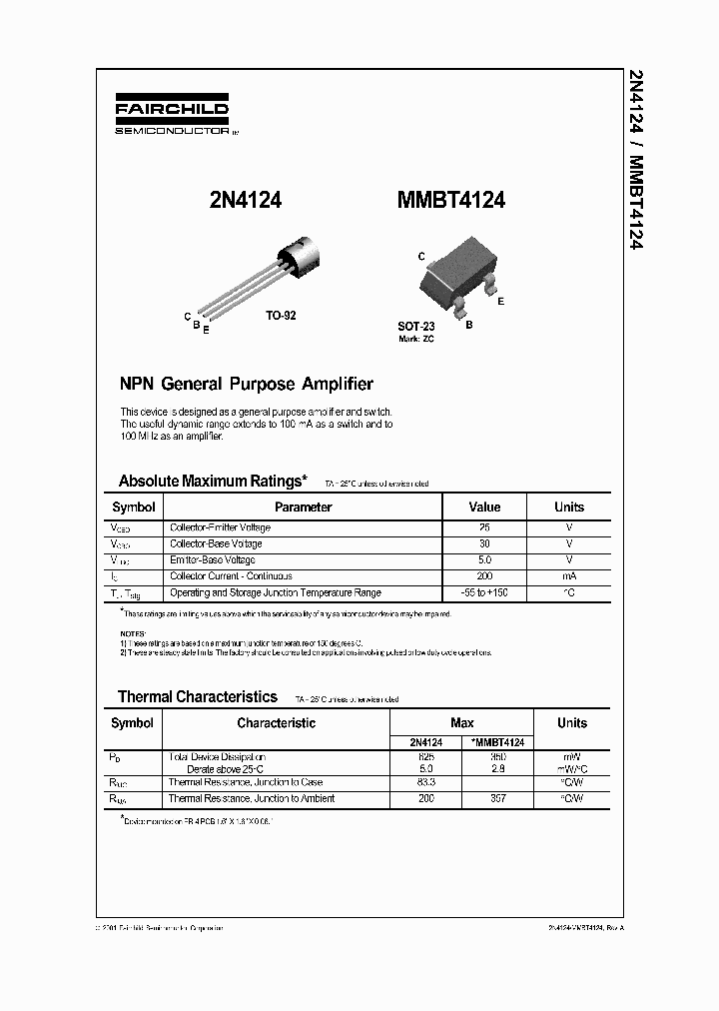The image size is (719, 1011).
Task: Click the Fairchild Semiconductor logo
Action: pyautogui.click(x=172, y=117)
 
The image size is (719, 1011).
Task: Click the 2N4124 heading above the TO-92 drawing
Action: pyautogui.click(x=245, y=200)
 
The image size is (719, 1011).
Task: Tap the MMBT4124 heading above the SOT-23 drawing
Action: pyautogui.click(x=451, y=200)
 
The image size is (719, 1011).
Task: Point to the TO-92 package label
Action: pyautogui.click(x=281, y=315)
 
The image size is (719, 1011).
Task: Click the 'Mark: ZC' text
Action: pyautogui.click(x=415, y=340)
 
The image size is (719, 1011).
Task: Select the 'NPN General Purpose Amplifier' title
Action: pyautogui.click(x=247, y=384)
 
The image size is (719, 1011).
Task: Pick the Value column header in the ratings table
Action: pyautogui.click(x=484, y=506)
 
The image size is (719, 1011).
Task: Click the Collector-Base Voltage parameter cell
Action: pyautogui.click(x=216, y=543)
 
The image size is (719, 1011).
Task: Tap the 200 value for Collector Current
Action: pyautogui.click(x=484, y=576)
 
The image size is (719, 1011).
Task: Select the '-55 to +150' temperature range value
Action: pyautogui.click(x=484, y=592)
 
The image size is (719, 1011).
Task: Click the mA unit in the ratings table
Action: pyautogui.click(x=569, y=576)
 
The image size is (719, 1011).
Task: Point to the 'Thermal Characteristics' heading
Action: pyautogui.click(x=198, y=697)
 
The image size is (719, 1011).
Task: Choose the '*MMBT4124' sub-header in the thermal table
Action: pyautogui.click(x=497, y=742)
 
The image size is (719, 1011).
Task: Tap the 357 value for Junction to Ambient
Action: pyautogui.click(x=497, y=799)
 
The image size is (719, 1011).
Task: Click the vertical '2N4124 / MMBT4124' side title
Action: pyautogui.click(x=635, y=160)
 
